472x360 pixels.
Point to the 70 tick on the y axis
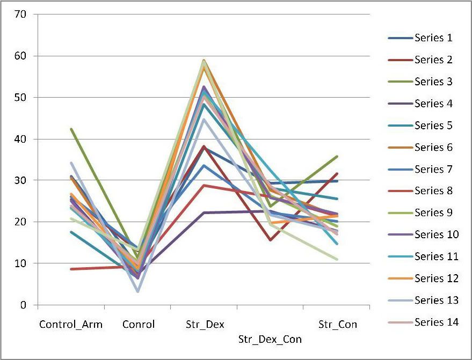tap(20, 14)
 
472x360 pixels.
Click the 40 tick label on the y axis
tap(20, 139)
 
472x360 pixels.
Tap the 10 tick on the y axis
tap(20, 263)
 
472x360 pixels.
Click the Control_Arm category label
tap(70, 325)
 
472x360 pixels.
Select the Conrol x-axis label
tap(138, 325)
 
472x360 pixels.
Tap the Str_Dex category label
tap(205, 325)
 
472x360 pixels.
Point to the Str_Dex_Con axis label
tap(270, 340)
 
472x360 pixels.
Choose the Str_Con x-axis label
tap(337, 325)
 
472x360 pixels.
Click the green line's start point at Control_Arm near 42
tap(71, 129)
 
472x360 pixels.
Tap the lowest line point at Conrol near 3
tap(138, 291)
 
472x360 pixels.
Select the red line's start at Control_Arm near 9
tap(71, 269)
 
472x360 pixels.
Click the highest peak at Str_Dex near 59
tap(204, 61)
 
